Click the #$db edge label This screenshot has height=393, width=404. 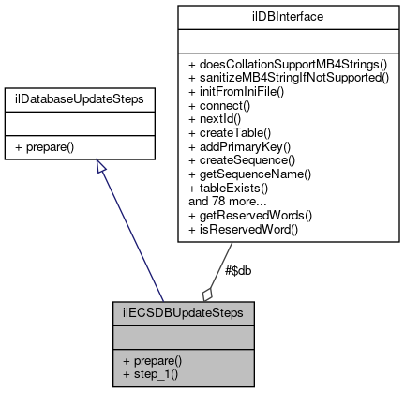tap(238, 270)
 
